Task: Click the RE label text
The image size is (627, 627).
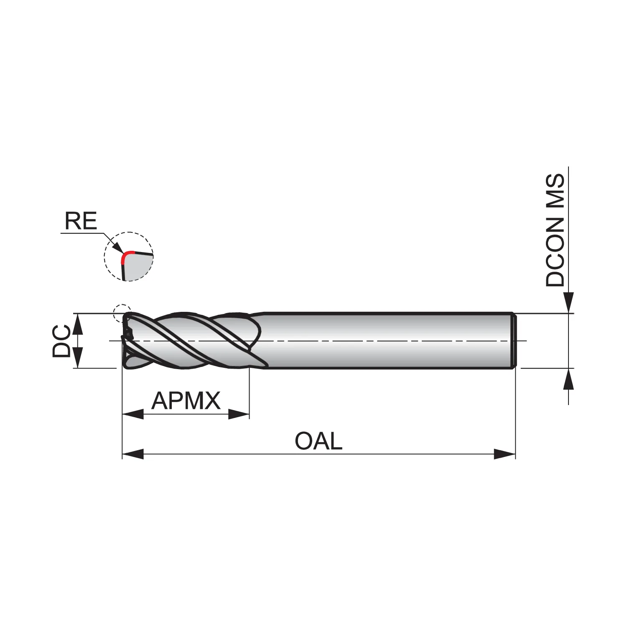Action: click(81, 221)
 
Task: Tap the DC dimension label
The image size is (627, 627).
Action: click(61, 341)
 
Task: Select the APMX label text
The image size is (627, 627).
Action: click(186, 400)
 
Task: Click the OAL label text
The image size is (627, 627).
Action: click(319, 441)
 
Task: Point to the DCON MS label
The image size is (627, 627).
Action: click(555, 230)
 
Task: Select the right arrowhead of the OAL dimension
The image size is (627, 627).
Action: click(505, 454)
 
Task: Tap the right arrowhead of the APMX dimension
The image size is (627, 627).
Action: click(239, 414)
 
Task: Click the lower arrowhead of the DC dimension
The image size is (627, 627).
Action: click(78, 357)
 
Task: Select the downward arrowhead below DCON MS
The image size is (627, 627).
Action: click(568, 303)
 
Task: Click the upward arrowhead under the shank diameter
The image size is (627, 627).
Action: click(568, 379)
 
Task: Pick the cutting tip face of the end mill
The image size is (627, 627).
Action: click(126, 341)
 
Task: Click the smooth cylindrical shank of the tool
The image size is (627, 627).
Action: click(387, 341)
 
